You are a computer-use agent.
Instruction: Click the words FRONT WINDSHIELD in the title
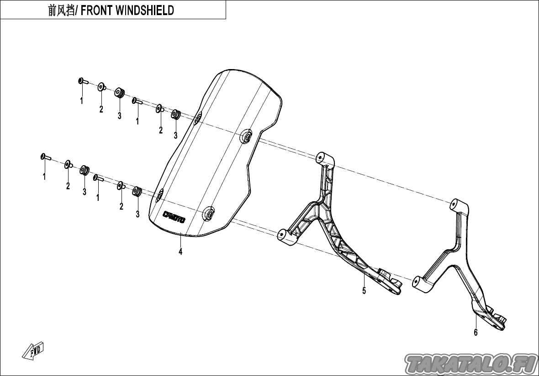tap(127, 11)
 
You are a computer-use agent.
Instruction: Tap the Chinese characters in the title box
tap(61, 11)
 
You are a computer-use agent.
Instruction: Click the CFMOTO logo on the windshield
tap(174, 216)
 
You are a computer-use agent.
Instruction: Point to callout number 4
tap(180, 252)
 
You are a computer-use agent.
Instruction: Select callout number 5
tap(364, 290)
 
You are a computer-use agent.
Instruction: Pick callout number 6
tap(476, 332)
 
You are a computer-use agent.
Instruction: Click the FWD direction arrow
tap(33, 351)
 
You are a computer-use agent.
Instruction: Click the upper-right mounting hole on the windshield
tap(246, 137)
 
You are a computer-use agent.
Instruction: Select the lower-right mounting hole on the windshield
tap(209, 214)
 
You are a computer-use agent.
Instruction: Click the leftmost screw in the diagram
tap(45, 157)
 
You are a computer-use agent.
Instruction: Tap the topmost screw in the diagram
tap(83, 81)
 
